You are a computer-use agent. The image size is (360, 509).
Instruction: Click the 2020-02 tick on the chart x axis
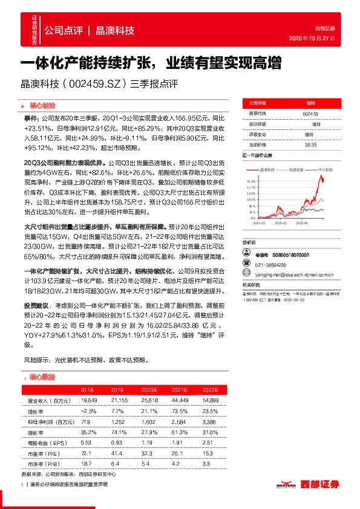pos(283,223)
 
